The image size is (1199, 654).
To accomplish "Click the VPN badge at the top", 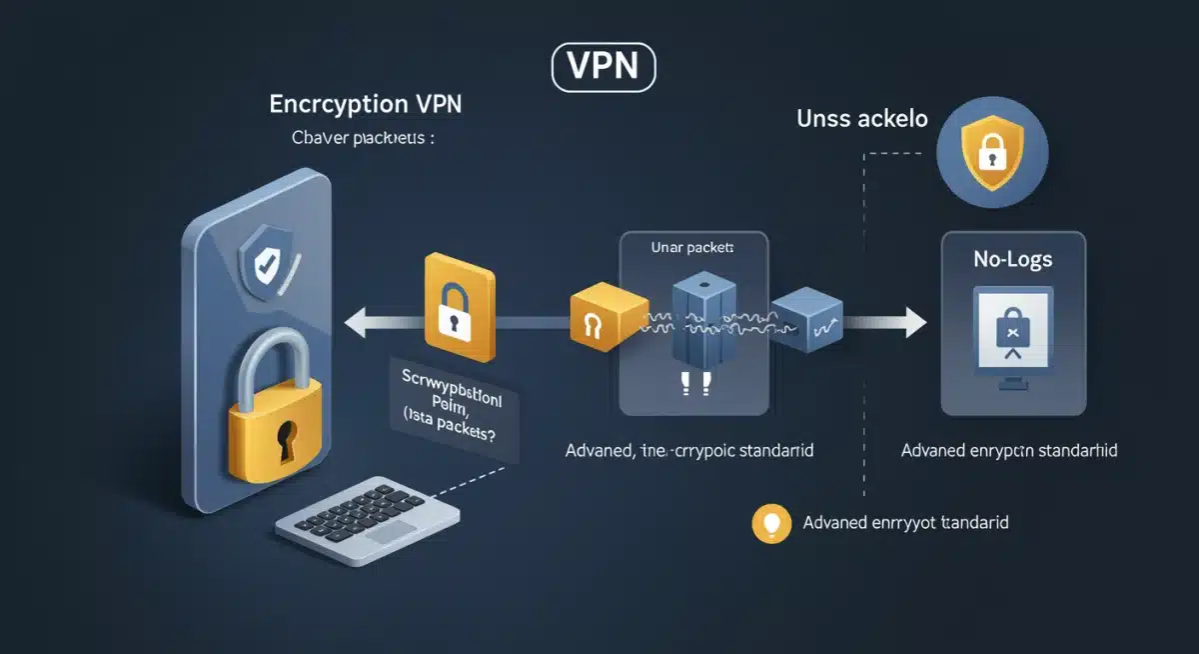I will (x=603, y=67).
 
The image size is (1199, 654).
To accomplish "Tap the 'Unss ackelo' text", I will (x=862, y=118).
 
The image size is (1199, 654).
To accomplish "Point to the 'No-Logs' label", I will (x=1012, y=260).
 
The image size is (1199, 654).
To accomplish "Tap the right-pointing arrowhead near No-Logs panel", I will (x=912, y=322).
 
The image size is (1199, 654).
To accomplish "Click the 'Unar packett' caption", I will (x=692, y=247).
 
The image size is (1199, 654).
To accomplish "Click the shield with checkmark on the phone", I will (x=266, y=265).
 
